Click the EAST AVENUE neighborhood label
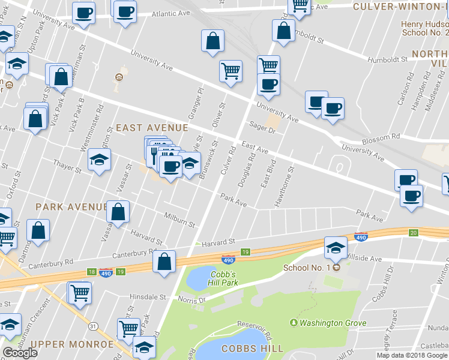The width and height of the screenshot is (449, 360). pyautogui.click(x=152, y=128)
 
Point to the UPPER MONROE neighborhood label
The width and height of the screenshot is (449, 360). pyautogui.click(x=71, y=344)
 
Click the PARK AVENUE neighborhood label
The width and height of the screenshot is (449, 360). pyautogui.click(x=71, y=206)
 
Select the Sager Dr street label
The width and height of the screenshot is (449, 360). pyautogui.click(x=261, y=127)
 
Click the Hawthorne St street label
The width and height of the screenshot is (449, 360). pyautogui.click(x=285, y=187)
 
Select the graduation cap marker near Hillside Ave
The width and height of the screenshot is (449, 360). pyautogui.click(x=336, y=246)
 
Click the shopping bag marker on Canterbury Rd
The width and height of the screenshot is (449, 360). pyautogui.click(x=164, y=262)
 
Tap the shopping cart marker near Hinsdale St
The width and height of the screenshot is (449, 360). pyautogui.click(x=80, y=293)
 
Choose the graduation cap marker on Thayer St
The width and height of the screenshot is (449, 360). pyautogui.click(x=99, y=160)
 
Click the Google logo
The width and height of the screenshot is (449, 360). pyautogui.click(x=20, y=353)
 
